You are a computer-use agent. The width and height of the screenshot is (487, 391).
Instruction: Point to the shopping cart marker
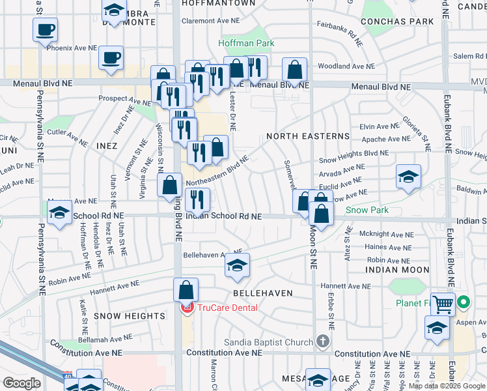[x=443, y=304]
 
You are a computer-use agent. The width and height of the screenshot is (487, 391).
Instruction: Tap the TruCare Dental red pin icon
[x=186, y=307]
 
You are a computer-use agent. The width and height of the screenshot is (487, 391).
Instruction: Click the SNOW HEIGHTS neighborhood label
[x=129, y=316]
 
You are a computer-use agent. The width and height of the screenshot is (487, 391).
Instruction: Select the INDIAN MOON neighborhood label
[x=397, y=270]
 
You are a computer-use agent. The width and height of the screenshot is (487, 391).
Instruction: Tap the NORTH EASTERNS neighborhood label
[x=308, y=136]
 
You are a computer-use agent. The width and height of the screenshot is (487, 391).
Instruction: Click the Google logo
[x=21, y=383]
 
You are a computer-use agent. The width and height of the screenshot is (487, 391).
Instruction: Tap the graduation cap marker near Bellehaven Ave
[x=238, y=265]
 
